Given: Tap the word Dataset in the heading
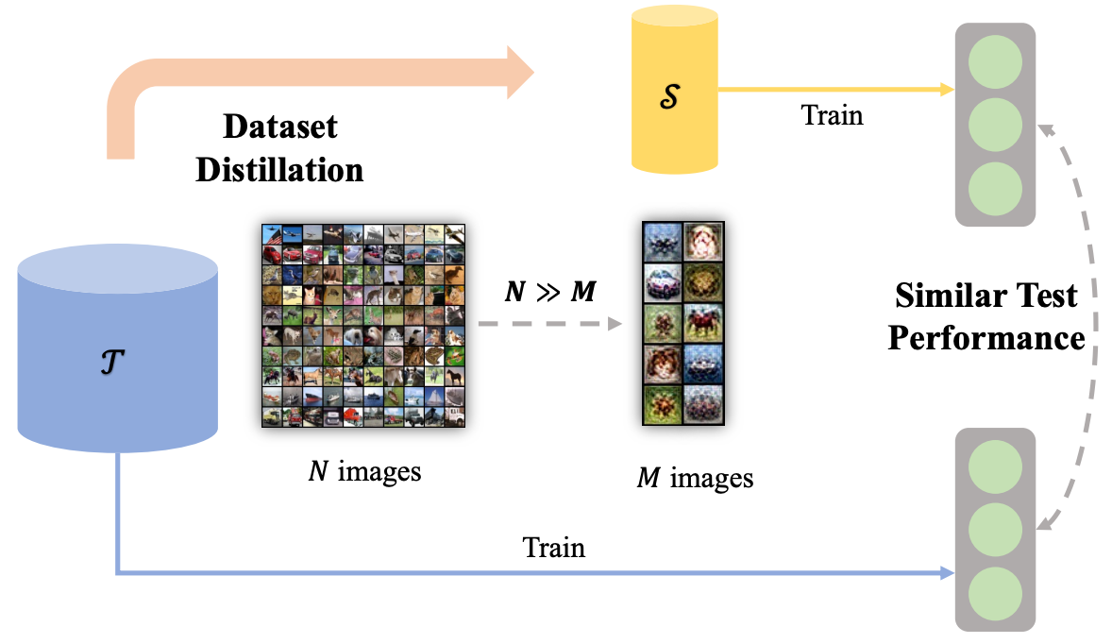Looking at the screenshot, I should tap(280, 127).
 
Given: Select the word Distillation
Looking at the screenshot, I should tap(279, 170).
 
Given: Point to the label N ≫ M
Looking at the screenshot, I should tap(550, 292).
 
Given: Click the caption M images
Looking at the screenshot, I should tap(696, 479).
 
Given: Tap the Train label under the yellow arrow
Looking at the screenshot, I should tap(832, 115).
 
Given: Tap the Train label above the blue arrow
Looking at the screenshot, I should tap(554, 547).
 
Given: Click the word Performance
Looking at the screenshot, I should tap(986, 338).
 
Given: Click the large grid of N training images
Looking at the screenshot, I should tap(364, 324).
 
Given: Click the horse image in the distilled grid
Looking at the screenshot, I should tap(701, 322).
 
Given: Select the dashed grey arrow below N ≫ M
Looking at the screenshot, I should tap(550, 324).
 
